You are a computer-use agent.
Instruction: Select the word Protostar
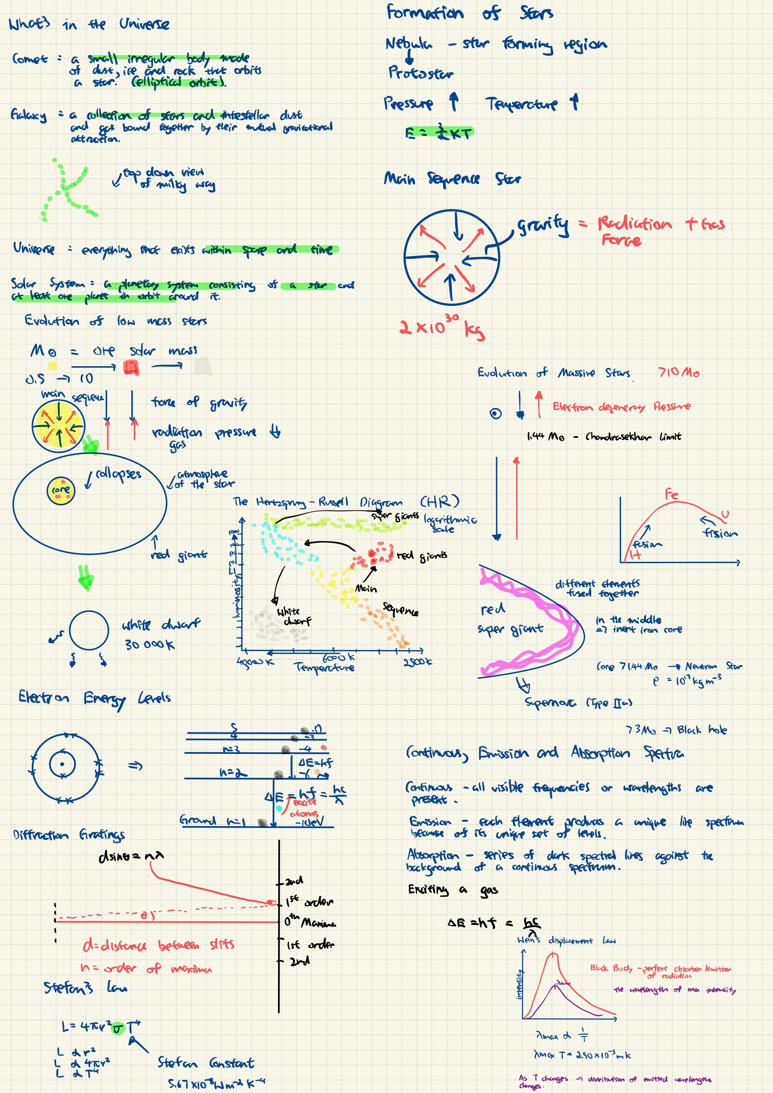tap(421, 73)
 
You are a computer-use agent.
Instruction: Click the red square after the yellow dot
tap(131, 367)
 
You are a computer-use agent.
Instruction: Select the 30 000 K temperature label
tap(149, 645)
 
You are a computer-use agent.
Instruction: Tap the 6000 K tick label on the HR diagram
tap(338, 657)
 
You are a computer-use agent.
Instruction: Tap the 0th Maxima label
tap(310, 922)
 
